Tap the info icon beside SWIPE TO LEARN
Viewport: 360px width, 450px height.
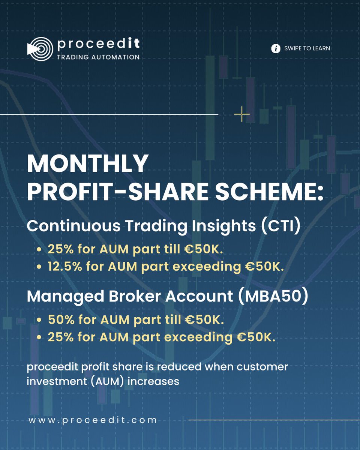point(276,48)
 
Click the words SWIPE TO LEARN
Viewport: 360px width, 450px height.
point(307,48)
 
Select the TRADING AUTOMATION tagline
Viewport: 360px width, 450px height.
point(98,57)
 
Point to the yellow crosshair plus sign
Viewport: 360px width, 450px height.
point(241,114)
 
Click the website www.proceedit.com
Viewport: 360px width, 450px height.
point(93,420)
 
